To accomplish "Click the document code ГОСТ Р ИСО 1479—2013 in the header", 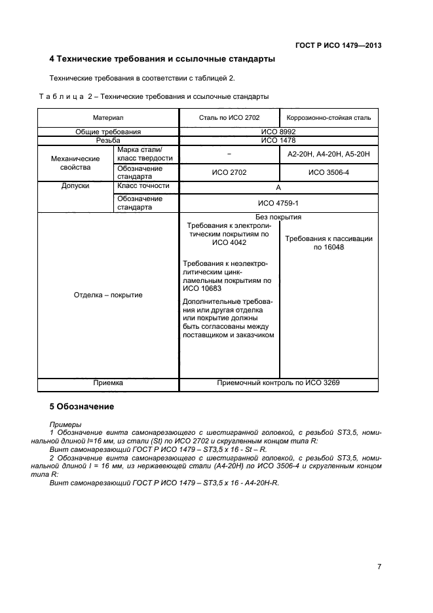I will point(338,45).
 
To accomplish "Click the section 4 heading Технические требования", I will point(162,60).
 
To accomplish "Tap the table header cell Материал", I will point(108,118).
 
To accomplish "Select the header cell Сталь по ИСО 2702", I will point(229,118).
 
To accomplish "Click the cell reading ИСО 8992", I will point(278,132).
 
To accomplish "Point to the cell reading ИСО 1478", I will point(278,139).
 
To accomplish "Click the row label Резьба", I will point(108,139).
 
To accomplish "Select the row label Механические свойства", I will point(75,162).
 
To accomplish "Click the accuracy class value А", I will point(278,187).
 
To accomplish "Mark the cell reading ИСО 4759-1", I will point(278,203).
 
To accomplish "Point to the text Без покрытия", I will point(278,217).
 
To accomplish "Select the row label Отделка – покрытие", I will point(108,295).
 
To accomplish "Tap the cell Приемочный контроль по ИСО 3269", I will point(278,382).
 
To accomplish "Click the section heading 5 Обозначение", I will point(82,407).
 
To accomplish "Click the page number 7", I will point(379,567).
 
